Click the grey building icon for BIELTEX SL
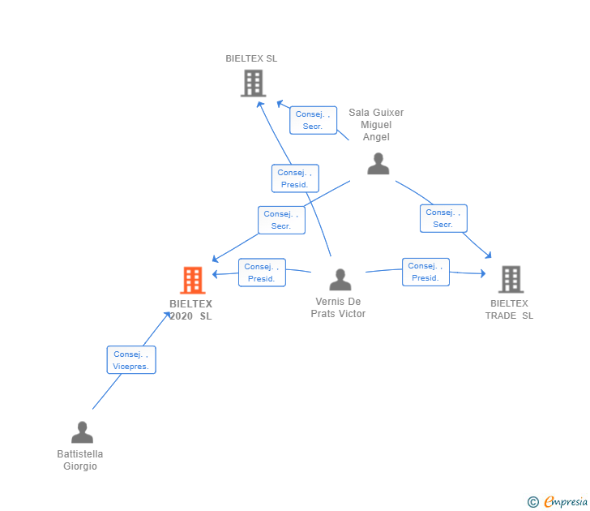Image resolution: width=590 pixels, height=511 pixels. tap(253, 83)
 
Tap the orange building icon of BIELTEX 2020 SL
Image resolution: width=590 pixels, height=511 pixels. tap(192, 280)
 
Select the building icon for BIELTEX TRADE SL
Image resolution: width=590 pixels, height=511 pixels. tap(510, 279)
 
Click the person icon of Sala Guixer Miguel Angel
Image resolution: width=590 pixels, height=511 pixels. tap(378, 164)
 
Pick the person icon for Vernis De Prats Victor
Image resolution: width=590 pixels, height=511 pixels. tap(340, 280)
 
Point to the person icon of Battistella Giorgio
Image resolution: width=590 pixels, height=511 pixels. tap(82, 432)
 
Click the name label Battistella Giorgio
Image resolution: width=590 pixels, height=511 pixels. tap(80, 460)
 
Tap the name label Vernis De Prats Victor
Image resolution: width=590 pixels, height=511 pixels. tap(338, 307)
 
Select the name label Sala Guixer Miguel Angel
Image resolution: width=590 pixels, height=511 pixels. tap(376, 125)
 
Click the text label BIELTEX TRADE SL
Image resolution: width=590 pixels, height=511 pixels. tap(509, 309)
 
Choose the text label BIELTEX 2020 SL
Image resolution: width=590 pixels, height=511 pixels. tap(190, 310)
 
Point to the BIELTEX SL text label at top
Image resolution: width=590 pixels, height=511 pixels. tap(251, 58)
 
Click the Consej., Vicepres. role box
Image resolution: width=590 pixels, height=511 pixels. tap(130, 360)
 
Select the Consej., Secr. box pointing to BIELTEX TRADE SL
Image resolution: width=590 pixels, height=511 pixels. tap(443, 218)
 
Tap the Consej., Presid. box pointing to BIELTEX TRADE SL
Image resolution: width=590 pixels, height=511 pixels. tap(425, 272)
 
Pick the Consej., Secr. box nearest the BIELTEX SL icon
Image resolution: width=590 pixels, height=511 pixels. tap(313, 120)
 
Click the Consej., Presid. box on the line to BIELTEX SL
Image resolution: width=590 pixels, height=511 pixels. tap(295, 178)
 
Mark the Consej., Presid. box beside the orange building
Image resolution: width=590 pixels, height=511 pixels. tap(262, 273)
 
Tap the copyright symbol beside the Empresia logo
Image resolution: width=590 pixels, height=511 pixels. tap(533, 502)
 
